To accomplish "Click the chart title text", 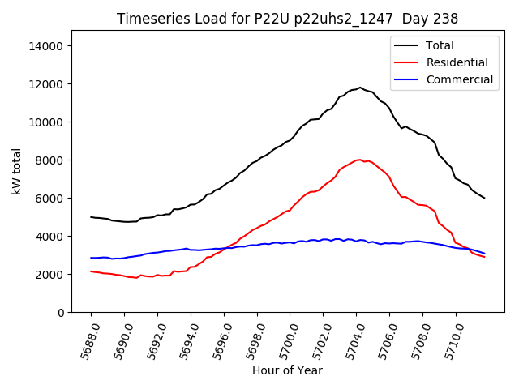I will click(287, 19).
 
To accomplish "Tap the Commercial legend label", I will click(459, 79).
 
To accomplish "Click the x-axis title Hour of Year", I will click(287, 370).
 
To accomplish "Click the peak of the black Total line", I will click(360, 88).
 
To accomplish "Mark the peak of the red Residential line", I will click(359, 160).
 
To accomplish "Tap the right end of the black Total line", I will click(484, 198).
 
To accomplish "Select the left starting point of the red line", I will click(91, 271).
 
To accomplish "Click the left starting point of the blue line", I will click(91, 258).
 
